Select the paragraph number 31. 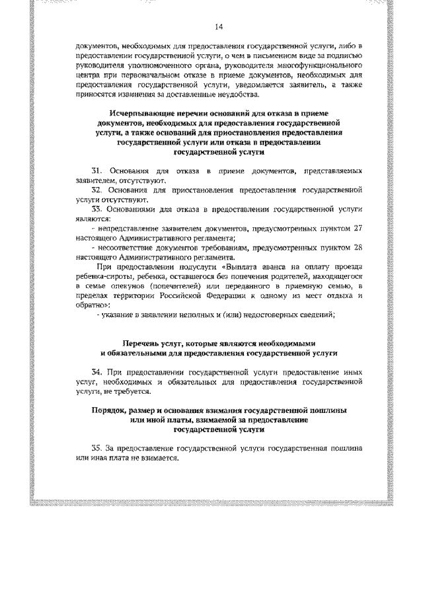click(x=95, y=171)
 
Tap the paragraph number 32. click(x=95, y=189)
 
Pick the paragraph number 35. click(x=95, y=447)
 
